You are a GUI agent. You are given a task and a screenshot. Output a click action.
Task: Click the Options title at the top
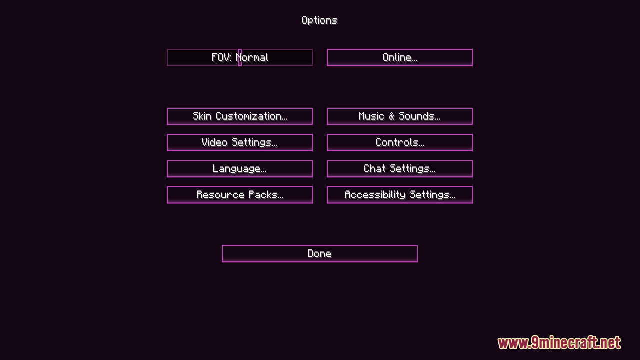(319, 20)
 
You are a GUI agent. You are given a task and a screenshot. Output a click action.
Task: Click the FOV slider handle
(240, 57)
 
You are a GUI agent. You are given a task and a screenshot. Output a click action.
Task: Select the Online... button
(399, 57)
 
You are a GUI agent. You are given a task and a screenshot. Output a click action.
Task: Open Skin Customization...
(239, 116)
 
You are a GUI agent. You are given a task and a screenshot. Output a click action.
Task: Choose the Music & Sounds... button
(399, 116)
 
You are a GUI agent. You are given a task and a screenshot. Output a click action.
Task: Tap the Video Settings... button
(239, 142)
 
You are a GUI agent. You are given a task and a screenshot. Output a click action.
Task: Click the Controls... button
(399, 142)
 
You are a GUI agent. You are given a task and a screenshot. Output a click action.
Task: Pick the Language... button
(239, 169)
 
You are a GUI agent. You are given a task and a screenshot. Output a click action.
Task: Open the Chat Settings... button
(399, 169)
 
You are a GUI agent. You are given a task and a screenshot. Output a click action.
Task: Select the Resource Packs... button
(239, 195)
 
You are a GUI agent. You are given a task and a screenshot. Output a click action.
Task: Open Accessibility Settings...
(399, 195)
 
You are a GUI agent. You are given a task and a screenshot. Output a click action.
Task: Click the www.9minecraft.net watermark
(559, 343)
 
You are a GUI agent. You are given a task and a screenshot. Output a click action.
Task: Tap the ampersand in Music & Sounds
(391, 116)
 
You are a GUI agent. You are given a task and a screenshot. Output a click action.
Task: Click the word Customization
(251, 116)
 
